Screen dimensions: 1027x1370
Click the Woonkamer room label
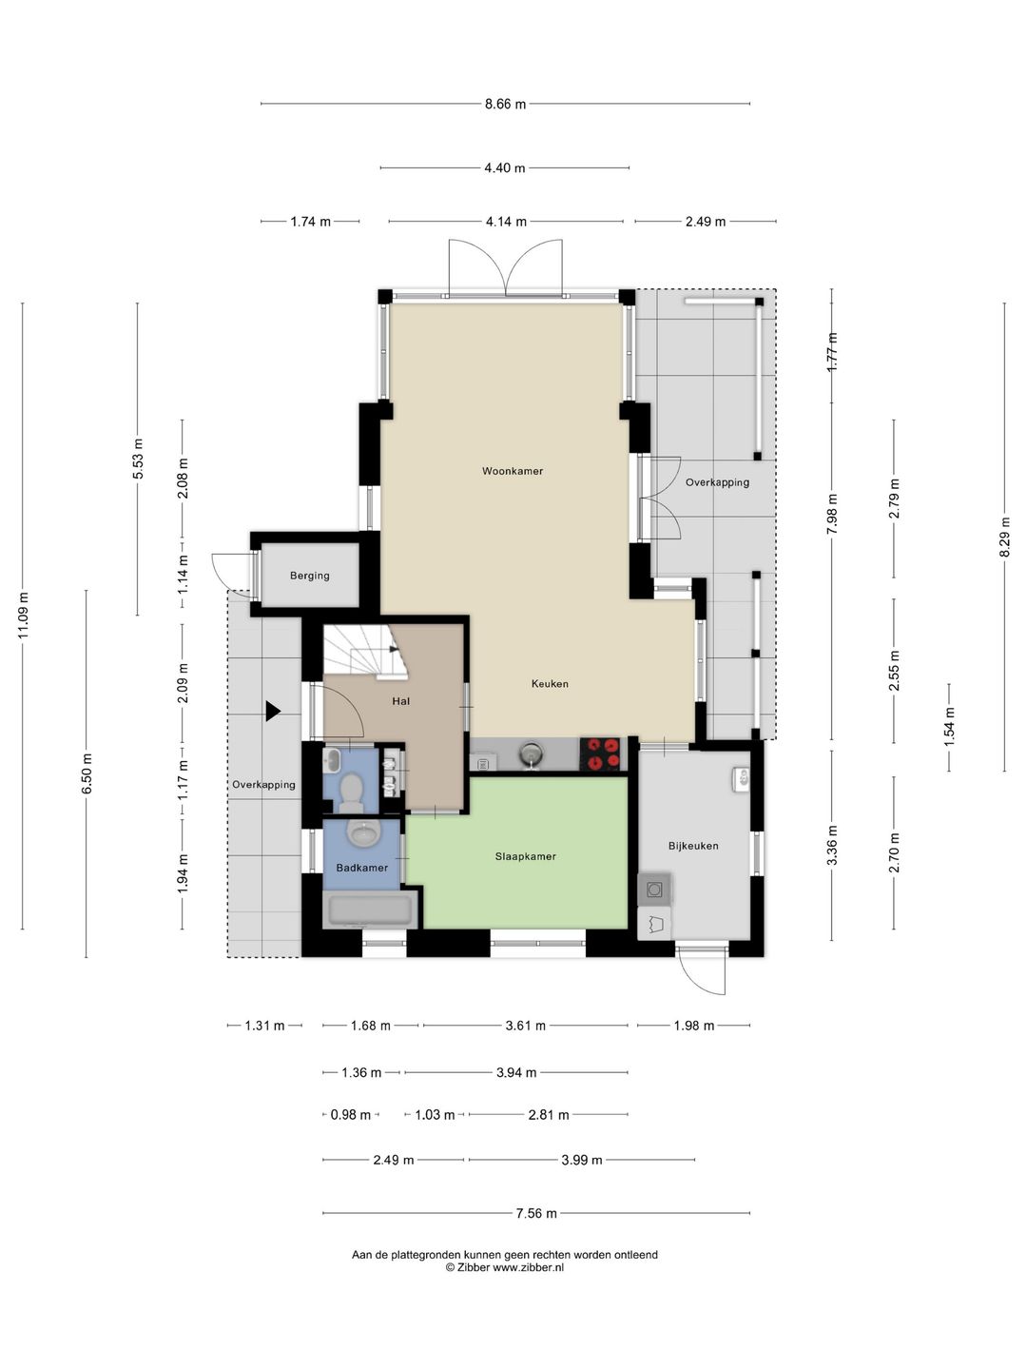(x=512, y=471)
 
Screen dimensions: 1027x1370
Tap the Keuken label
(x=550, y=683)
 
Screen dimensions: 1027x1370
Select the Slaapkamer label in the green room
(x=525, y=856)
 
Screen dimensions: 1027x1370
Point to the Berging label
(x=309, y=576)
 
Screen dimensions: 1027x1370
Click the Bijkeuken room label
(x=693, y=846)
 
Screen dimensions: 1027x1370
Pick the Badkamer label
(x=361, y=868)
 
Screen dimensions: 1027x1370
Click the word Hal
(x=400, y=701)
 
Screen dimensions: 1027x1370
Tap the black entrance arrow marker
(x=273, y=711)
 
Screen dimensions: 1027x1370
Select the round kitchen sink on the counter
(x=531, y=753)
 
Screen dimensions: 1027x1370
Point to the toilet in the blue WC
(x=352, y=793)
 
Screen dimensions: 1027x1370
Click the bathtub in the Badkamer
(x=371, y=910)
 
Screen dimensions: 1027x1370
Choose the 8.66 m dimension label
(x=505, y=105)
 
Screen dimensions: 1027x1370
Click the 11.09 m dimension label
(x=23, y=616)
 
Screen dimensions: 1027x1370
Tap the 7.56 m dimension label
(x=536, y=1213)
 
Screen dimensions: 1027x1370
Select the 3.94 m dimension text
(x=516, y=1072)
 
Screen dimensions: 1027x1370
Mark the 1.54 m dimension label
(x=949, y=727)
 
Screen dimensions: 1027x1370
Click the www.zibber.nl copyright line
(x=504, y=1267)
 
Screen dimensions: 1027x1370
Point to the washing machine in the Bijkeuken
(x=654, y=890)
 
